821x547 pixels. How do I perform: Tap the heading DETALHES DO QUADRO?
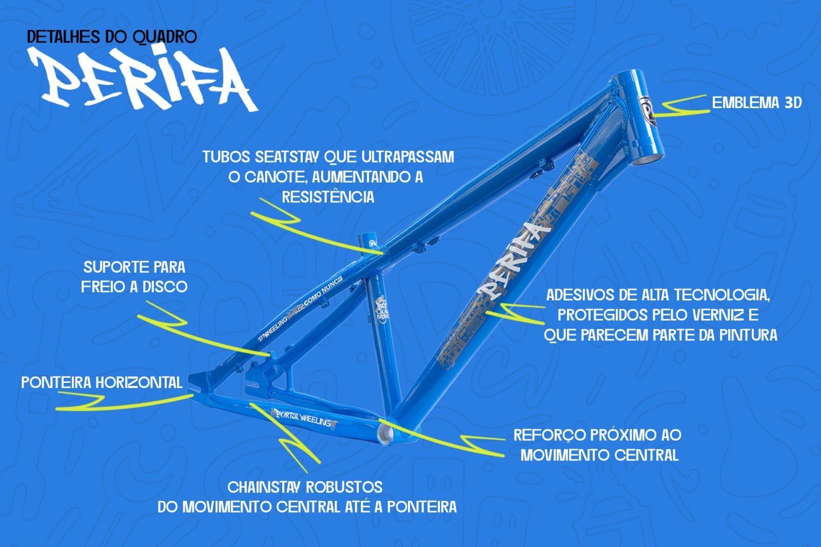coord(111,37)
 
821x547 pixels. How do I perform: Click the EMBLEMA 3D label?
coord(756,103)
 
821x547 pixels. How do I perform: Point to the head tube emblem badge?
coord(648,111)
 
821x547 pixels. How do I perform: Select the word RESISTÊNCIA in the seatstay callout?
coord(328,197)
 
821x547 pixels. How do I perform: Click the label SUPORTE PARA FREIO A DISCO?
coord(134,277)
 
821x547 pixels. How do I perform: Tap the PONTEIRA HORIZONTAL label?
coord(102,382)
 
